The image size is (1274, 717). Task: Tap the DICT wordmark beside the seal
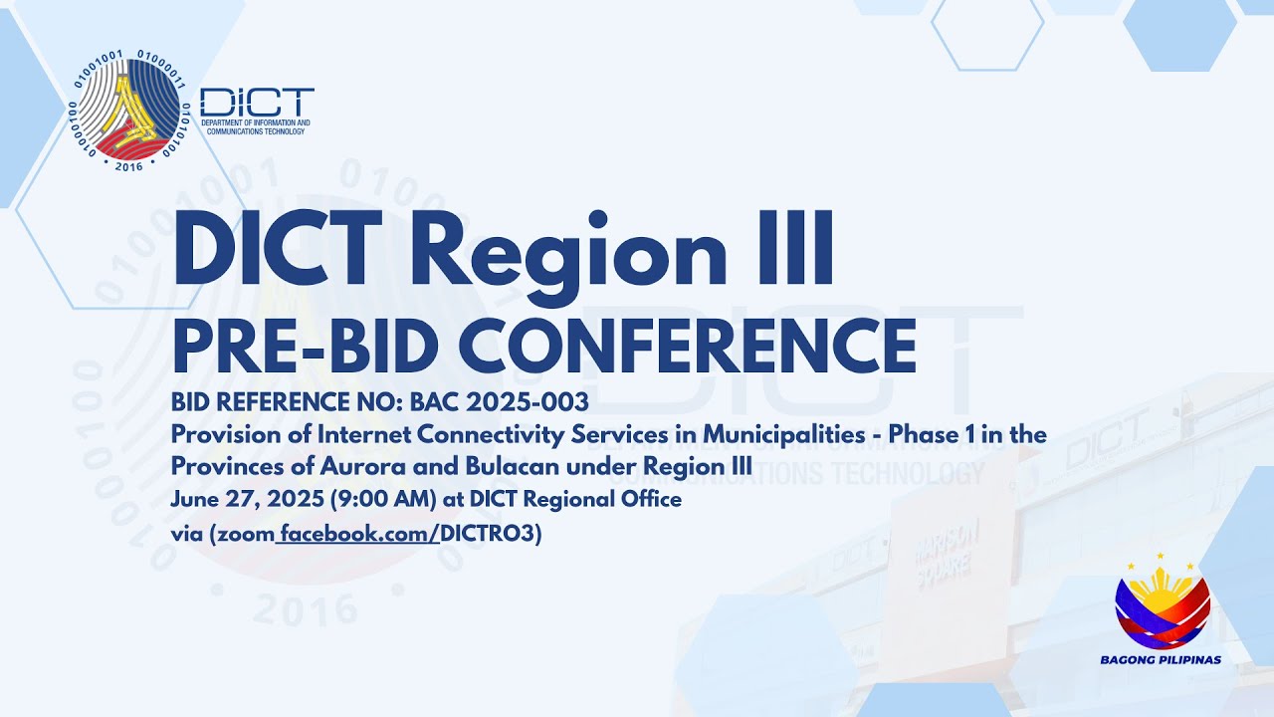[x=257, y=102]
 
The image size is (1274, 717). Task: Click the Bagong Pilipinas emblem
[x=1163, y=603]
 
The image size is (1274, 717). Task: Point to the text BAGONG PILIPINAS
[x=1161, y=659]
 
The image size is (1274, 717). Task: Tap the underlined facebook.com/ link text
[x=359, y=534]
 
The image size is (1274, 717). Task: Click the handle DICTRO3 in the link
[x=488, y=534]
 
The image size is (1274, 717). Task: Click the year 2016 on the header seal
[x=128, y=165]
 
